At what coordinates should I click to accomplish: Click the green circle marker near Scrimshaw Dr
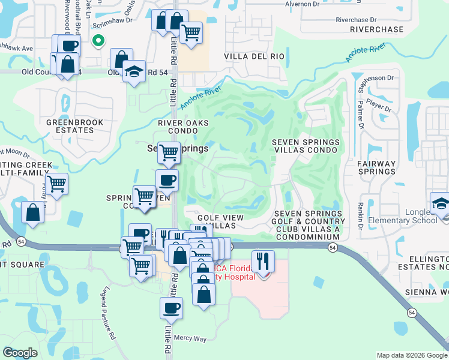tap(98, 41)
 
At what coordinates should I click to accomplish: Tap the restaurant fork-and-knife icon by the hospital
tap(263, 261)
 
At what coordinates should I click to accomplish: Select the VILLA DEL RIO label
tap(254, 56)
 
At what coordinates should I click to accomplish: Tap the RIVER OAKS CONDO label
tap(183, 127)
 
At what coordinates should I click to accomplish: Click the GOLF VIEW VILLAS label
tap(220, 221)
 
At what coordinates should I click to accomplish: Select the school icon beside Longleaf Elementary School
tap(441, 203)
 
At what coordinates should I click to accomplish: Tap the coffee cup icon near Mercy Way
tap(171, 308)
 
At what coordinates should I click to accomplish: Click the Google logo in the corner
tap(20, 353)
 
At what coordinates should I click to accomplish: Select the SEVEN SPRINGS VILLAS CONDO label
tap(306, 146)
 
